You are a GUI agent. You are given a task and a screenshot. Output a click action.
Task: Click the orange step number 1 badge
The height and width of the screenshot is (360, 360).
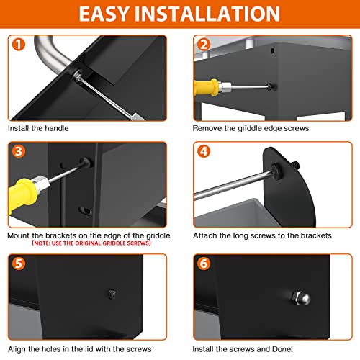[x=19, y=45]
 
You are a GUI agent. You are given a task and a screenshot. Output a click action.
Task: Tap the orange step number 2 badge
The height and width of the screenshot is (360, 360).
[x=204, y=45]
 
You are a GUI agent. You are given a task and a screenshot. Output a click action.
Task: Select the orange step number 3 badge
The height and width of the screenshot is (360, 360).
[x=19, y=151]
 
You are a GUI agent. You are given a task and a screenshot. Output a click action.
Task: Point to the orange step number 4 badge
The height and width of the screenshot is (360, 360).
[x=204, y=151]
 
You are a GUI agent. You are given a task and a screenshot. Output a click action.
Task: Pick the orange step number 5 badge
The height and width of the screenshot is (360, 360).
[x=19, y=264]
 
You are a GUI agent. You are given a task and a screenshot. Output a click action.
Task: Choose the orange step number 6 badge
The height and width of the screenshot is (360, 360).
[x=204, y=264]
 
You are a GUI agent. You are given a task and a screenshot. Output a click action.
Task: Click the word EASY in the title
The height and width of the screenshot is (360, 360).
[x=104, y=14]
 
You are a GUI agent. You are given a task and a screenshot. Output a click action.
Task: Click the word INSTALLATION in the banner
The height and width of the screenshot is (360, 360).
[x=207, y=14]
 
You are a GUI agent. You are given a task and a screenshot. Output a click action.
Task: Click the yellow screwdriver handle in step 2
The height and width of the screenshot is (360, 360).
[x=206, y=87]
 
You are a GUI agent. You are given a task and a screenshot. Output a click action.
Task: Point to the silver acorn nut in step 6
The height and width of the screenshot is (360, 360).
[x=301, y=298]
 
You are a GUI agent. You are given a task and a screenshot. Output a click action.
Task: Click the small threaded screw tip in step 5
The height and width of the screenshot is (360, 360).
[x=111, y=294]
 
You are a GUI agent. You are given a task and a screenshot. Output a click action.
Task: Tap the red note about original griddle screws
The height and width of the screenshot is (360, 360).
[x=91, y=243]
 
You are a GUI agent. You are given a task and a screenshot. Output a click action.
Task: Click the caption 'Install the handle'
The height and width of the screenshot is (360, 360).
[x=38, y=128]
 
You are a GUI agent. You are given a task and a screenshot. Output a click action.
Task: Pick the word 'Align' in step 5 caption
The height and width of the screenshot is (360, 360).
[x=17, y=349]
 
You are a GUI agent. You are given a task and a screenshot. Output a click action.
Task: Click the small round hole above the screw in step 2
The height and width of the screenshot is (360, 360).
[x=272, y=50]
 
